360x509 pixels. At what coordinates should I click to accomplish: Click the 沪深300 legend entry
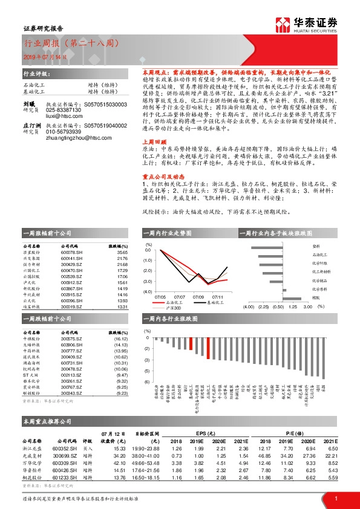click(x=182, y=308)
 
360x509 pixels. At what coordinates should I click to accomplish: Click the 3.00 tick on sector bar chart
click(x=306, y=306)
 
